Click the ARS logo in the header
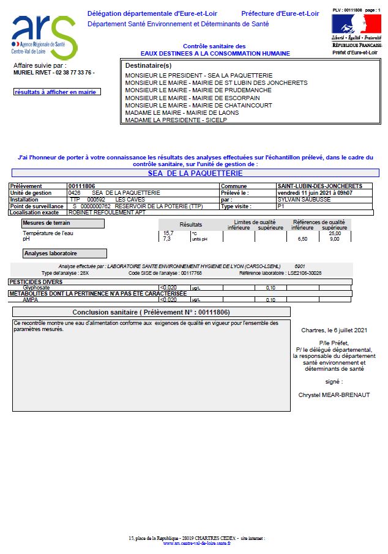click(44, 37)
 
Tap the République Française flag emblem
click(356, 24)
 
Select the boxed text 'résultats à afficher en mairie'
click(57, 92)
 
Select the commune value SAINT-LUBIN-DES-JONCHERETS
click(319, 186)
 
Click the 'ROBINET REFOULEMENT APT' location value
click(99, 213)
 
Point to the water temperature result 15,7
click(168, 233)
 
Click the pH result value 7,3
click(166, 239)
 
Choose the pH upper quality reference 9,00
click(334, 239)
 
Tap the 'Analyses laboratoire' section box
click(64, 253)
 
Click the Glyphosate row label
click(35, 287)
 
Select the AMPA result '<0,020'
click(168, 300)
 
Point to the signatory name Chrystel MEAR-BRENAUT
click(334, 395)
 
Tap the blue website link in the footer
click(196, 543)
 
